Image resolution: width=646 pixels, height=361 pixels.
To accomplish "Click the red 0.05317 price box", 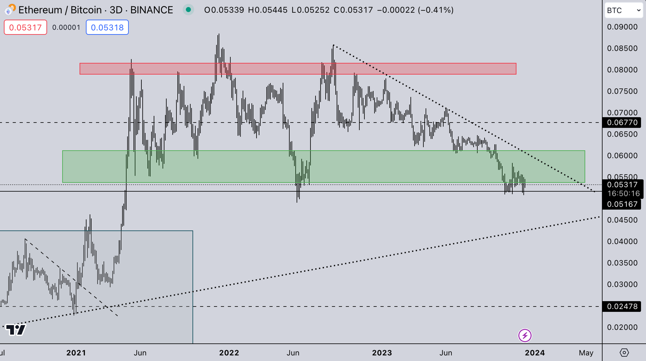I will point(25,27).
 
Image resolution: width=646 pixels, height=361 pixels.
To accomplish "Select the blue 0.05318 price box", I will point(107,27).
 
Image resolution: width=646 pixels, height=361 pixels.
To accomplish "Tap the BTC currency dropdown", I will point(623,10).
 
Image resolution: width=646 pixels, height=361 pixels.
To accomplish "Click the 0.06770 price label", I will point(622,122).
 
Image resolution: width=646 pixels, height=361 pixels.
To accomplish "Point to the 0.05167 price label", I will point(622,204).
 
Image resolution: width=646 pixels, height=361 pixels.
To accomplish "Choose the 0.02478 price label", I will point(622,306).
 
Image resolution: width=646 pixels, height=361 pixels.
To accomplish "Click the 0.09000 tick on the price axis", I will point(622,27).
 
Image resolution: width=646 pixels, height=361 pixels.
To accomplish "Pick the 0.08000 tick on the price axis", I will point(622,70).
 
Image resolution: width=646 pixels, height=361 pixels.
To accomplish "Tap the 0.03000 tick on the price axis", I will point(622,284).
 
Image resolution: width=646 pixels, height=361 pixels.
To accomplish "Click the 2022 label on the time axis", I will point(229,353).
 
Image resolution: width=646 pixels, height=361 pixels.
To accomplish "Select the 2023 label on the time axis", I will point(382,353).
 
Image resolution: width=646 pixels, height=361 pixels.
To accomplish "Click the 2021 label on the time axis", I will point(76,353).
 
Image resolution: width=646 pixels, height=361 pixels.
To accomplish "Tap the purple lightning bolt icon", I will point(525,335).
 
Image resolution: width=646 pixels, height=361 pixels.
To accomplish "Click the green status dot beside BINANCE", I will point(188,10).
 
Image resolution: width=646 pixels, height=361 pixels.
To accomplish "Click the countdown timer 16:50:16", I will point(623,193).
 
